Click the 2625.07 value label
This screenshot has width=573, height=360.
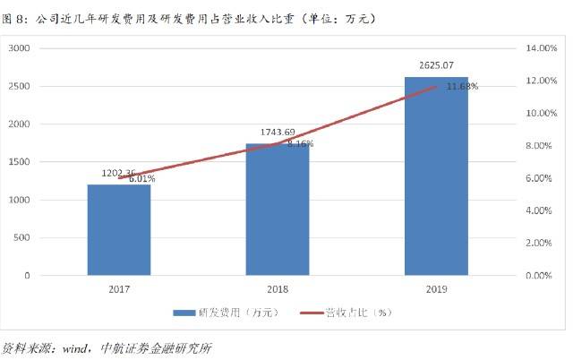436,65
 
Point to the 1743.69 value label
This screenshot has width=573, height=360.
278,133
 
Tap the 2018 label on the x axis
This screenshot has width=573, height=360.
278,289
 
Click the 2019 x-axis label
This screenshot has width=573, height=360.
437,289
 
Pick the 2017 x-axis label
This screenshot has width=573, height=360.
119,289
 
